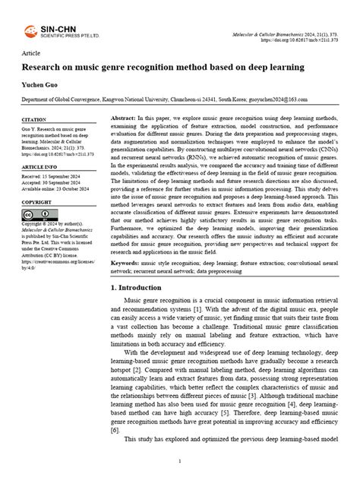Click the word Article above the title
pos(31,54)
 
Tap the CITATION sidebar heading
pos(34,120)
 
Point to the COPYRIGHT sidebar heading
pos(36,202)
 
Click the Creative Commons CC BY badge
pos(33,215)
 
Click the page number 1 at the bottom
pos(179,461)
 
